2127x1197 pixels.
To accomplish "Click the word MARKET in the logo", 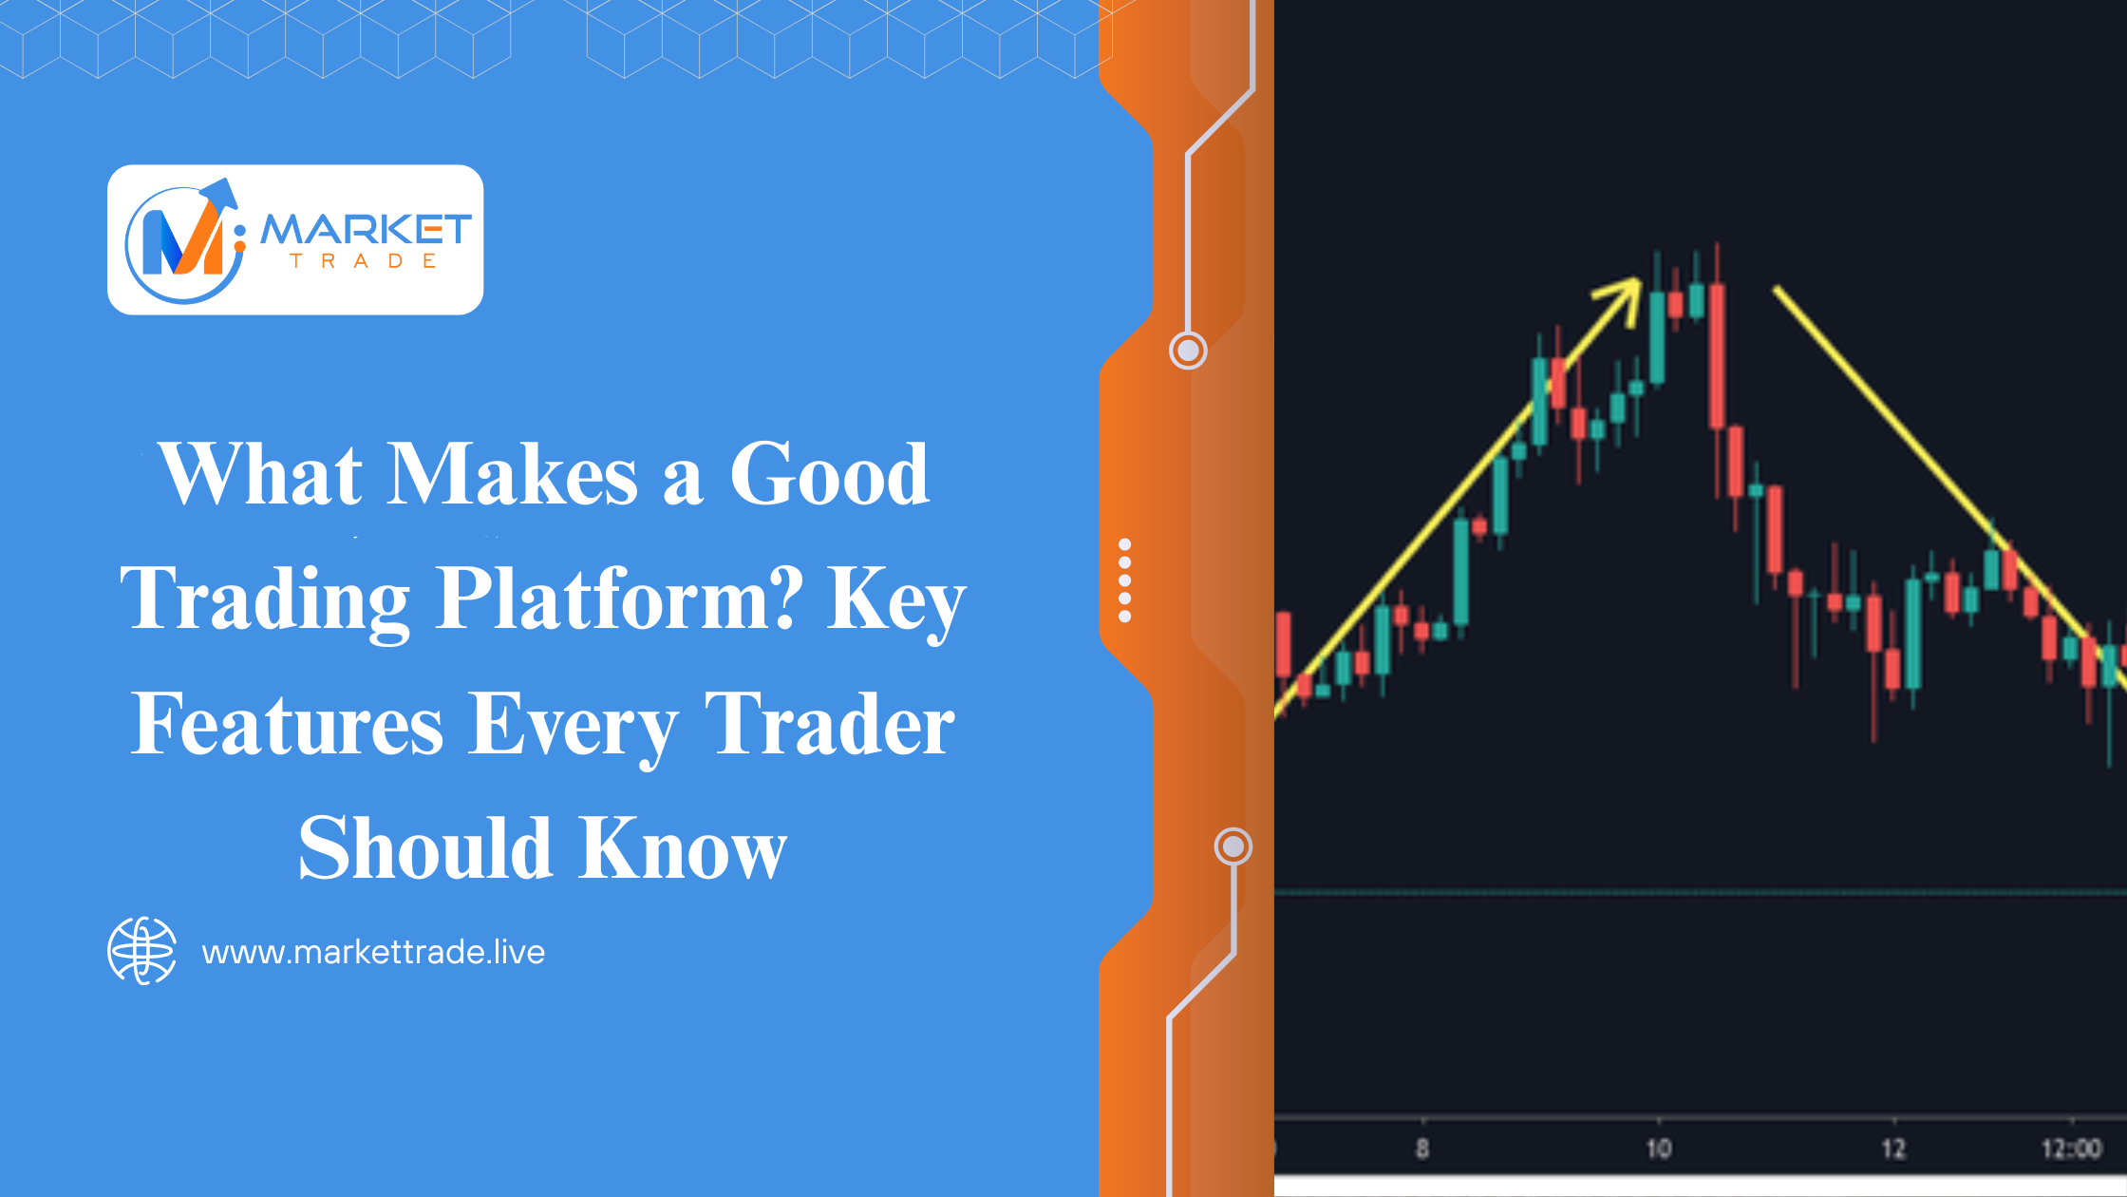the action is pyautogui.click(x=367, y=229).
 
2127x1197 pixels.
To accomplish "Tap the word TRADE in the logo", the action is pyautogui.click(x=364, y=261).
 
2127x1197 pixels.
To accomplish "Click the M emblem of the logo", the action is pyautogui.click(x=184, y=241).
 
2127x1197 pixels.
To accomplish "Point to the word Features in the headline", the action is pyautogui.click(x=287, y=724).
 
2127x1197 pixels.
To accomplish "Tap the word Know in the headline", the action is pyautogui.click(x=683, y=847).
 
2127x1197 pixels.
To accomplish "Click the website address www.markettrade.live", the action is pyautogui.click(x=373, y=952).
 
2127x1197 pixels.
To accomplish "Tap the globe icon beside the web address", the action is pyautogui.click(x=141, y=951).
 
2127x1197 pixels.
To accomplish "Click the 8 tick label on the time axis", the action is pyautogui.click(x=1421, y=1149).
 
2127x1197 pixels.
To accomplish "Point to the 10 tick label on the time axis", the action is pyautogui.click(x=1658, y=1149).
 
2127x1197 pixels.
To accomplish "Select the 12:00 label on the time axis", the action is pyautogui.click(x=2071, y=1149).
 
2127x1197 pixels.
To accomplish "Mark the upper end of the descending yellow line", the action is pyautogui.click(x=1777, y=287).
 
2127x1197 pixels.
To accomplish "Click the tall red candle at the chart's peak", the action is pyautogui.click(x=1717, y=355).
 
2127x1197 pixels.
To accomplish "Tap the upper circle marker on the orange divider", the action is pyautogui.click(x=1188, y=351).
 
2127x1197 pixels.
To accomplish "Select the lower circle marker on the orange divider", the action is pyautogui.click(x=1233, y=845).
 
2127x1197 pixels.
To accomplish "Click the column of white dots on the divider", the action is pyautogui.click(x=1125, y=580).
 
